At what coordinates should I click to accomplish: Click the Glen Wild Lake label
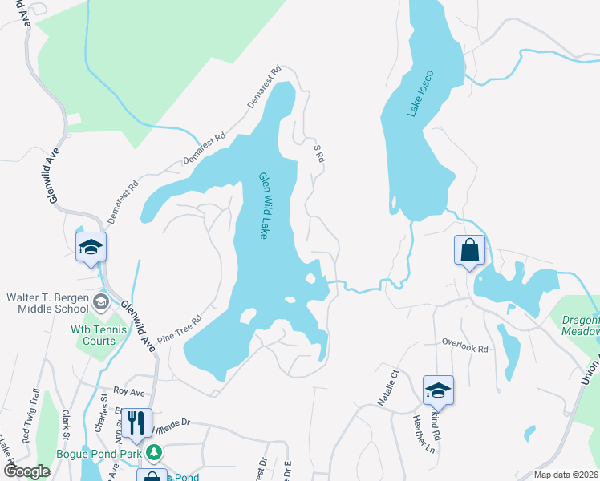(262, 206)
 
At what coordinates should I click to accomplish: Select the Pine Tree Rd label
(179, 329)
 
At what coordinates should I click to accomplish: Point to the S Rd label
(318, 153)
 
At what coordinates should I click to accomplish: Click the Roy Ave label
(128, 393)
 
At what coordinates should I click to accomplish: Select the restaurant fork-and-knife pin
(136, 423)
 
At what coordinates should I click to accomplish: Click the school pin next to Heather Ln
(438, 390)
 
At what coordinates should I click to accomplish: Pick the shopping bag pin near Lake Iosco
(469, 249)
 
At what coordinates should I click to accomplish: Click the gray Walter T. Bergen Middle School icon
(101, 302)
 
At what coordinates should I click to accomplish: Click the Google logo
(26, 471)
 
